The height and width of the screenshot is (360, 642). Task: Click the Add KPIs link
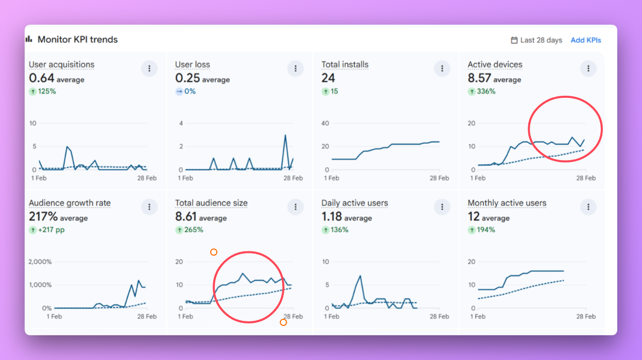pyautogui.click(x=585, y=40)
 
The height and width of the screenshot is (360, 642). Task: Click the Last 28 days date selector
pyautogui.click(x=536, y=40)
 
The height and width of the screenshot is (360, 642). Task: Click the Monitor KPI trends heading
pyautogui.click(x=77, y=40)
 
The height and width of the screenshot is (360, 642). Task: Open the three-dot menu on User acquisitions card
pyautogui.click(x=149, y=68)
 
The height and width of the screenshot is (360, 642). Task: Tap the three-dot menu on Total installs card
pyautogui.click(x=442, y=68)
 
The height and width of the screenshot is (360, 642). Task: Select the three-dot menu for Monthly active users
pyautogui.click(x=588, y=207)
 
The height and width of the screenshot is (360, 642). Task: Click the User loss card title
pyautogui.click(x=193, y=64)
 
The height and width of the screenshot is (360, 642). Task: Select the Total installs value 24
pyautogui.click(x=328, y=78)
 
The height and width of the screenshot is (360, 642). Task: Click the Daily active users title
pyautogui.click(x=355, y=203)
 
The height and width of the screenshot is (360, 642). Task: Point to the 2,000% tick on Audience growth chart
pyautogui.click(x=40, y=262)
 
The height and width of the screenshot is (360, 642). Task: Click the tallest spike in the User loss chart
pyautogui.click(x=285, y=135)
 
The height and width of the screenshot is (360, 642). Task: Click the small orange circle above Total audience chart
pyautogui.click(x=214, y=252)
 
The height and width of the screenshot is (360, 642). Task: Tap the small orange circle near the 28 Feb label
pyautogui.click(x=283, y=322)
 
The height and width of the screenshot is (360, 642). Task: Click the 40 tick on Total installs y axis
pyautogui.click(x=325, y=123)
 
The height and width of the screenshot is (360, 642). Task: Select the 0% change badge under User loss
pyautogui.click(x=186, y=91)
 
